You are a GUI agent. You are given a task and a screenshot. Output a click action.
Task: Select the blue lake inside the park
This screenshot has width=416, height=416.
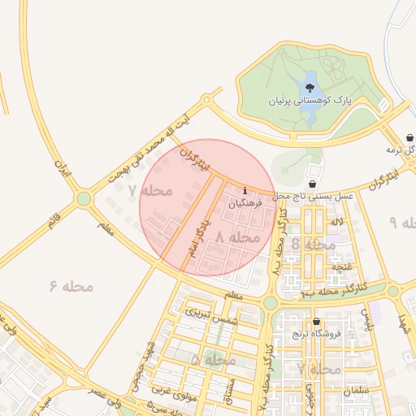coord(310,84)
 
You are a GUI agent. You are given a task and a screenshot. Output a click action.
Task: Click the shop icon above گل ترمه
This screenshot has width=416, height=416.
coord(411,138)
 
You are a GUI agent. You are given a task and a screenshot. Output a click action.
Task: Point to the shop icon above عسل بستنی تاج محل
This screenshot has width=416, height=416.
coord(314,184)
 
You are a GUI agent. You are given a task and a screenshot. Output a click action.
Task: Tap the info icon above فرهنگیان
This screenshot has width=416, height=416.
coord(245,191)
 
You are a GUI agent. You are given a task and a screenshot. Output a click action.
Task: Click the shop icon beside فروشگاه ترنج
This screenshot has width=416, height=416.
coord(316,322)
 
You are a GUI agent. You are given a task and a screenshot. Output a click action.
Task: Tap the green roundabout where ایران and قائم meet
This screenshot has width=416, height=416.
coord(84,198)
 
